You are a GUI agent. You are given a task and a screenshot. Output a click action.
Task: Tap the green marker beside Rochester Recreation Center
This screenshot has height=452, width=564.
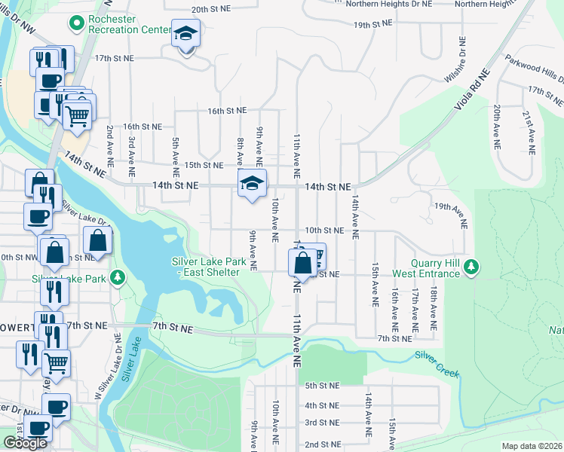[x=75, y=25]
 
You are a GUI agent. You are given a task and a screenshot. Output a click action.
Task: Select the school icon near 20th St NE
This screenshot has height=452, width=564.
[x=185, y=35]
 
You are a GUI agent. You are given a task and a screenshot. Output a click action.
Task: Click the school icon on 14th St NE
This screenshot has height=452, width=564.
[x=253, y=183]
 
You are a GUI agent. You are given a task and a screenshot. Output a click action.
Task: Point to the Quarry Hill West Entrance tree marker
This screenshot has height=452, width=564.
[x=471, y=267]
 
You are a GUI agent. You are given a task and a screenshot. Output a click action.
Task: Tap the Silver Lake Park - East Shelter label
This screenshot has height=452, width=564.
[x=205, y=267]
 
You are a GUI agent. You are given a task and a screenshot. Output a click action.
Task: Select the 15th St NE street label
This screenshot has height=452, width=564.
[x=204, y=165]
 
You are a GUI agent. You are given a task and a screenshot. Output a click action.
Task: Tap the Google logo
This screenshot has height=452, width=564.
[x=25, y=443]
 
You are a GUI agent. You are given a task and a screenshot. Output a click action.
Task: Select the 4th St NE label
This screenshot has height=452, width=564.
[x=321, y=405]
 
